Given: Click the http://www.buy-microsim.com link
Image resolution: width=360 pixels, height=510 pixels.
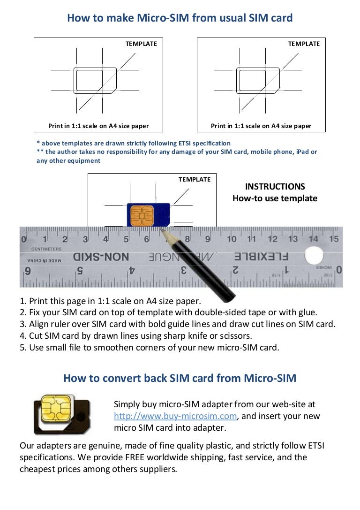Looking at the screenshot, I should (176, 416).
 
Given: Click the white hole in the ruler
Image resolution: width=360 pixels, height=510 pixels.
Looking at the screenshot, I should (314, 256).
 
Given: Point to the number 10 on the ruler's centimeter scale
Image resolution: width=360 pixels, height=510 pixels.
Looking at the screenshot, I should (232, 239).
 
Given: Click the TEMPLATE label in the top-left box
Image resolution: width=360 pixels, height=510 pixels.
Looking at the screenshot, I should (141, 44).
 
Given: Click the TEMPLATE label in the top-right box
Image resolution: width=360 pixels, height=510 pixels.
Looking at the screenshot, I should (304, 44).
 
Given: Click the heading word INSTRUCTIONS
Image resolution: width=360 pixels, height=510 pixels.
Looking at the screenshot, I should (275, 187).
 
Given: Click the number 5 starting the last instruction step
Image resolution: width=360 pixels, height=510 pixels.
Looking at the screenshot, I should (22, 348).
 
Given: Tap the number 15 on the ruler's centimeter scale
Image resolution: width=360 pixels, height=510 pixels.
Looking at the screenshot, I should (333, 239).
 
